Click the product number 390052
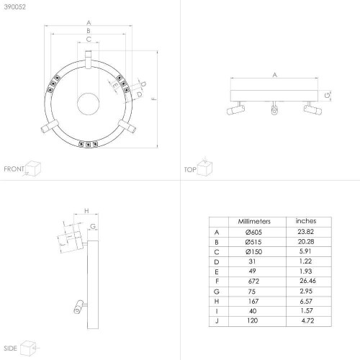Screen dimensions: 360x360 point(15,7)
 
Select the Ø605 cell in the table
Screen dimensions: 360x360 point(253,232)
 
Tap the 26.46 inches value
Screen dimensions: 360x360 point(307,281)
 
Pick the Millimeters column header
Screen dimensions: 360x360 point(254,221)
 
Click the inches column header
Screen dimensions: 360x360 point(306,221)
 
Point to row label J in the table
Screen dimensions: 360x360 point(217,321)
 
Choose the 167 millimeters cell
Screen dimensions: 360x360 point(253,301)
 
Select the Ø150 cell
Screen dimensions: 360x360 point(253,252)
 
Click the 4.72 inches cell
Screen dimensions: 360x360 point(307,320)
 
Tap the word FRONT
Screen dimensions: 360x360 point(14,169)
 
